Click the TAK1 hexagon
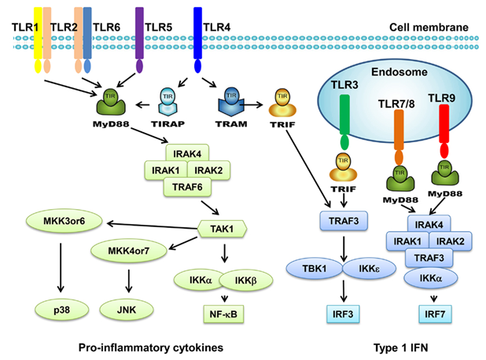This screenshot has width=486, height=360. (x=222, y=229)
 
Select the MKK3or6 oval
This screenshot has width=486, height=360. (x=64, y=221)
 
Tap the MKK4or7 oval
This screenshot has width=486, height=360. (x=129, y=251)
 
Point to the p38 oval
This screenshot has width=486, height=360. (x=61, y=310)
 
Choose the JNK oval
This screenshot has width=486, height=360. (x=127, y=310)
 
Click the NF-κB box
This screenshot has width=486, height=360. (x=223, y=314)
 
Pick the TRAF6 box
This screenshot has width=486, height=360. (x=187, y=187)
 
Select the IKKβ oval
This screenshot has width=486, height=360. (x=246, y=281)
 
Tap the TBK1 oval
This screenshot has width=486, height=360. (x=315, y=269)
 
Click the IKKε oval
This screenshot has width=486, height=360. (x=369, y=269)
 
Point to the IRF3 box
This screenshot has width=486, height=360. (x=343, y=314)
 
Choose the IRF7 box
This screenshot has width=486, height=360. (x=435, y=314)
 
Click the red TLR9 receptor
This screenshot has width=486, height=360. (x=444, y=131)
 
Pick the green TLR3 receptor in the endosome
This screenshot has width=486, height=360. (x=344, y=123)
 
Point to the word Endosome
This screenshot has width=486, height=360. (x=399, y=72)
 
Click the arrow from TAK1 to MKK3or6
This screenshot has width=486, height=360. (x=153, y=226)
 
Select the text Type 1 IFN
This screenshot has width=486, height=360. (x=401, y=347)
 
